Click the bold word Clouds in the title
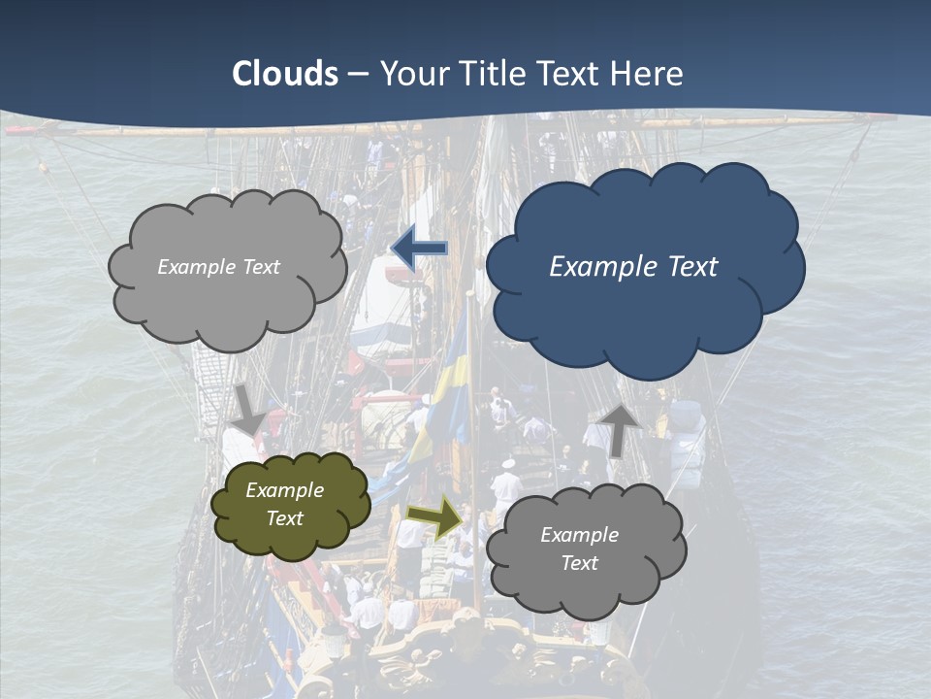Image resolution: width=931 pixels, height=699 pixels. [285, 74]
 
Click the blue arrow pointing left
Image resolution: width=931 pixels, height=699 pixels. [419, 250]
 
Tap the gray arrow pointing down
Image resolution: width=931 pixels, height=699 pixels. [249, 409]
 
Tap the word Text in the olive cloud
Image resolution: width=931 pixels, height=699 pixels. [285, 518]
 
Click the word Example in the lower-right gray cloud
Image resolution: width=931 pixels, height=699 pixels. [579, 535]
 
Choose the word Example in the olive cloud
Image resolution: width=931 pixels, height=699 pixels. [284, 490]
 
